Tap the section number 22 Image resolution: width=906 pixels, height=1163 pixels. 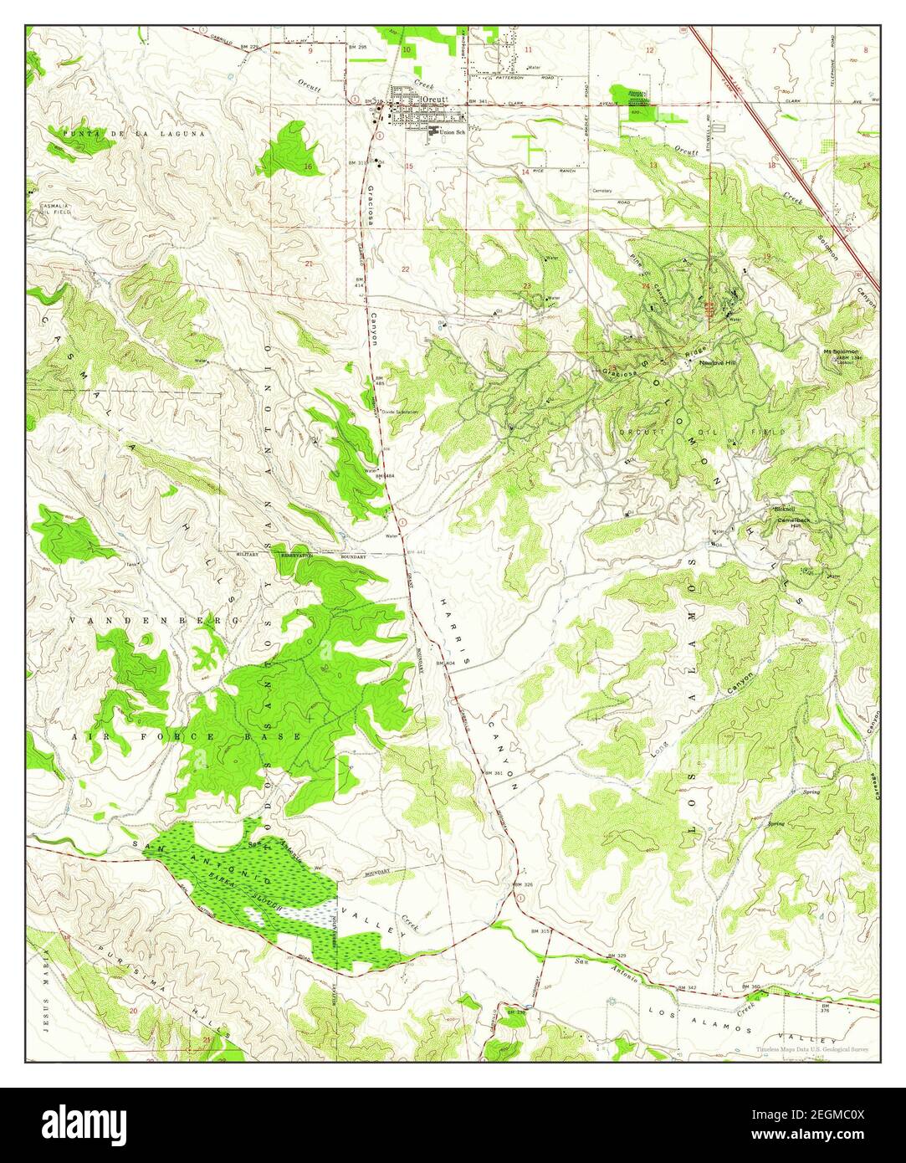406,269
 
